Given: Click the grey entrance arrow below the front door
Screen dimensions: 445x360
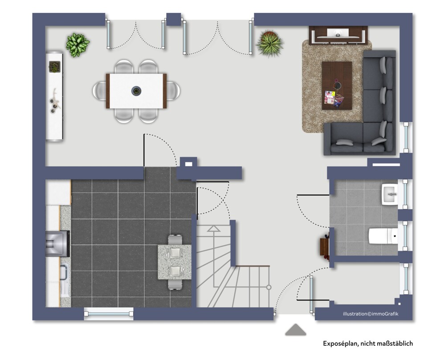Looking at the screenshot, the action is (295, 330).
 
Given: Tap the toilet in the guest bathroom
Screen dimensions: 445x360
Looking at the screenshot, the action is (383, 235).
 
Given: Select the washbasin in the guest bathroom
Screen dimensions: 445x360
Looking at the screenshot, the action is (390, 194).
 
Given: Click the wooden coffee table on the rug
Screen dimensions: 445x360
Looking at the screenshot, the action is (337, 85).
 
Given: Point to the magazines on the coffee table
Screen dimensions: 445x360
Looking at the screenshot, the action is (334, 99).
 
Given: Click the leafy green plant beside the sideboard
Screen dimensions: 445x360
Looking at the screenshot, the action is (77, 44).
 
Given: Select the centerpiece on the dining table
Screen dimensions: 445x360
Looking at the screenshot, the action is (136, 91).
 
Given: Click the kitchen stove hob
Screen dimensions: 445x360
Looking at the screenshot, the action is (57, 243).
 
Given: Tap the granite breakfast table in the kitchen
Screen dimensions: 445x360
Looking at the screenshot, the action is (175, 262).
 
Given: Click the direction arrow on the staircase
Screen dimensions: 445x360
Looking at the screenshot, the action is (213, 228).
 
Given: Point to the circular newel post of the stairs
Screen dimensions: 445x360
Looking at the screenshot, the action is (269, 287).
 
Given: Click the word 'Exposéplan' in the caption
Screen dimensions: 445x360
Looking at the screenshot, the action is (340, 344).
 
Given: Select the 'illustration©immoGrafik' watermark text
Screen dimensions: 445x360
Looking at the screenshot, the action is (371, 314).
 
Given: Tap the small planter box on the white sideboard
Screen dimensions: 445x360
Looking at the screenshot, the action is (54, 67).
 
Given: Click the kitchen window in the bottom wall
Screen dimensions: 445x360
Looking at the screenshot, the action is (109, 314).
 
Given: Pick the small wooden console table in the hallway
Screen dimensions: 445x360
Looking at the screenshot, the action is (324, 247).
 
